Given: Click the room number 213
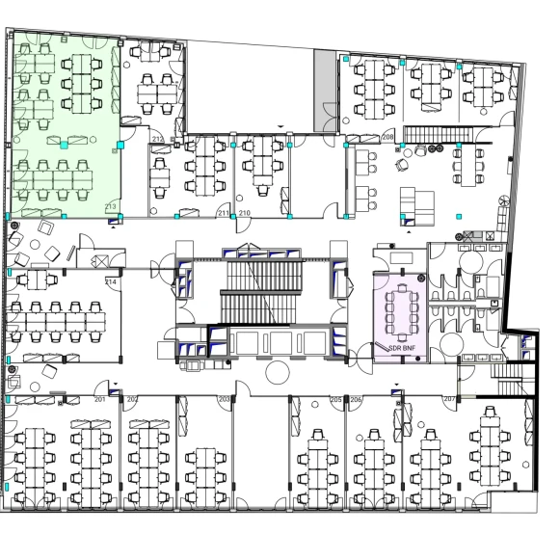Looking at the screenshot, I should (110, 207).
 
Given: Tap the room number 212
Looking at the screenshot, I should (157, 140).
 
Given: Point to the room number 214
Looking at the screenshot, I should (111, 281).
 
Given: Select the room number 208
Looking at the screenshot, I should (387, 138).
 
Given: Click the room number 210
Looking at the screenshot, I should (245, 212).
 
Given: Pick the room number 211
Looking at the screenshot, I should (224, 212).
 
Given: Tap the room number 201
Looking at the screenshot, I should (99, 398).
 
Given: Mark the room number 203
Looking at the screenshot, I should (225, 398).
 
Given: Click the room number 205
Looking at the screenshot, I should (335, 398).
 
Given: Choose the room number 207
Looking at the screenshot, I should (448, 398).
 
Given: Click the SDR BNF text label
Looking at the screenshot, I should (401, 347).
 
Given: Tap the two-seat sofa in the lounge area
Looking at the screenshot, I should (415, 202).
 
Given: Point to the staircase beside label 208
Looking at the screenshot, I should (427, 133).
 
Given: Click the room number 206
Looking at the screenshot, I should (356, 398).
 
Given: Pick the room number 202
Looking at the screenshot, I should (132, 398).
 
